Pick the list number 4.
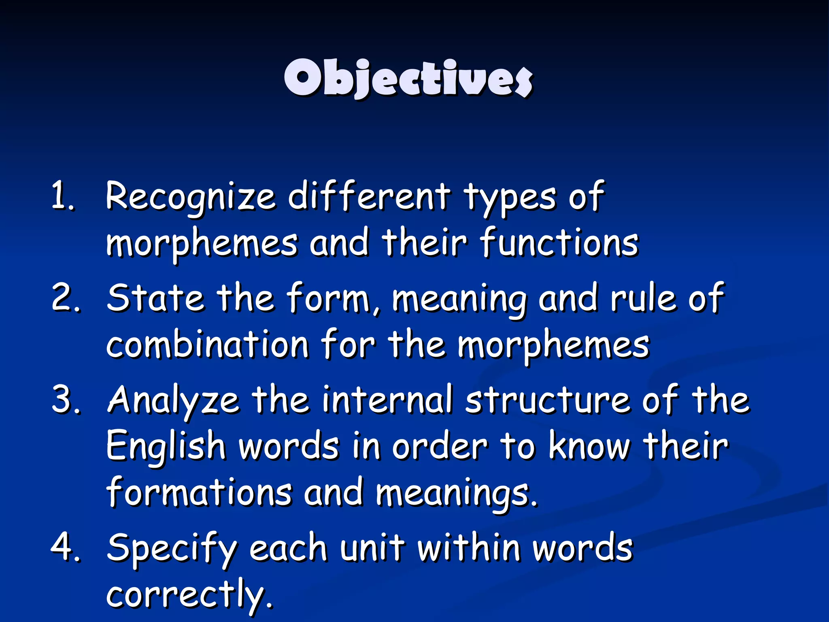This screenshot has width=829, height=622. click(x=65, y=547)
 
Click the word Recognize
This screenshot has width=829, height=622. click(x=190, y=198)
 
